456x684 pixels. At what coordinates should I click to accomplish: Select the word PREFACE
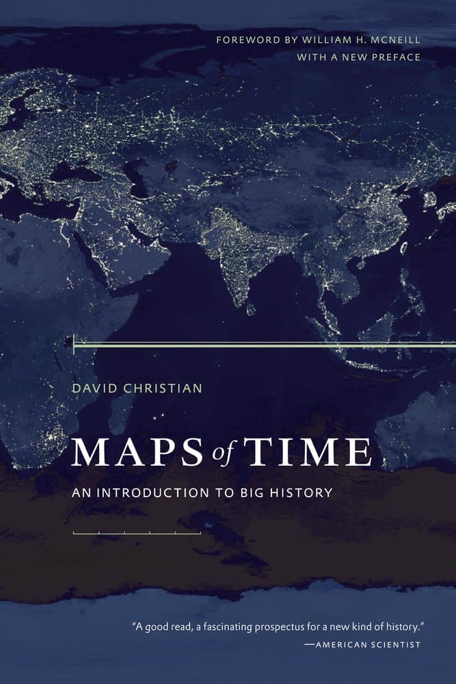[395, 57]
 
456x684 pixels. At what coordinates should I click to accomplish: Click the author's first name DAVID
[94, 389]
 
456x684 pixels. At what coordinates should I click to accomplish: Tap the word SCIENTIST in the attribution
[396, 644]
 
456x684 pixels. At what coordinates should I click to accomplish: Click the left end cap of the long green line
[73, 343]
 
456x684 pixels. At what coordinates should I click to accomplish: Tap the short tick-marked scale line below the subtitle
[137, 531]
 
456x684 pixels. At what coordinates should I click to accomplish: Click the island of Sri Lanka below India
[252, 310]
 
